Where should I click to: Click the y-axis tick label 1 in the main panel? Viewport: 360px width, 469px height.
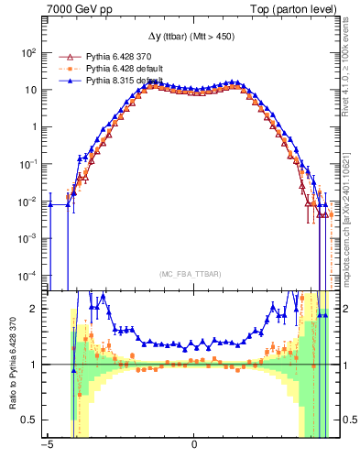pyautogui.click(x=32, y=127)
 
